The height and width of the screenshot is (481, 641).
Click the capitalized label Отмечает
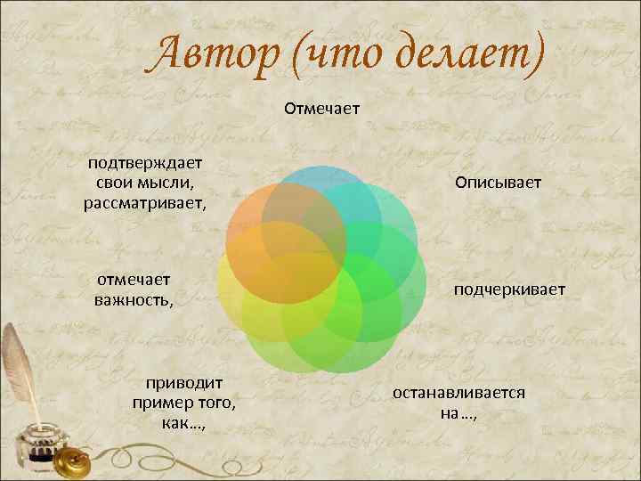tap(321, 109)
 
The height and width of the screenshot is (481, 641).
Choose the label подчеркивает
tap(509, 289)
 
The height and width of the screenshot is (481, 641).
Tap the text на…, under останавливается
tap(458, 412)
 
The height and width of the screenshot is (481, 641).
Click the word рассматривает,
tap(144, 203)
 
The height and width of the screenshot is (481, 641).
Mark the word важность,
tap(134, 299)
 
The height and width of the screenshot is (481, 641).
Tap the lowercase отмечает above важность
tap(134, 279)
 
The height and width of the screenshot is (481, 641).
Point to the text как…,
tap(184, 422)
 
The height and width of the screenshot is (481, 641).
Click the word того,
tap(213, 403)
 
